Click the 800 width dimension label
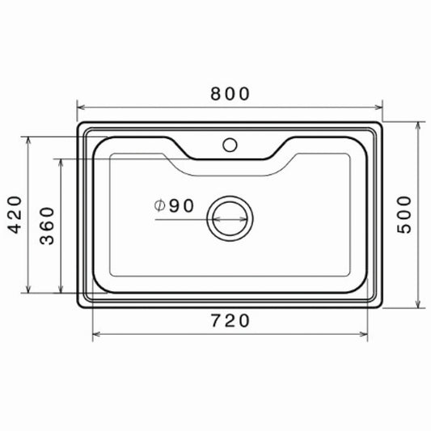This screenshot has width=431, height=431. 230,94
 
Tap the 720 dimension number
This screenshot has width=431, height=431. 230,321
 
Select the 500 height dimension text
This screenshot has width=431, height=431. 404,214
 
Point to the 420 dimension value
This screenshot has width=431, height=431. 15,214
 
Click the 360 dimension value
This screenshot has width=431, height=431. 47,226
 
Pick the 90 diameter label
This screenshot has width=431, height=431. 181,206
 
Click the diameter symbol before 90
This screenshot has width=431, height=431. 159,205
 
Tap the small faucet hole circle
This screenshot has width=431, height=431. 230,145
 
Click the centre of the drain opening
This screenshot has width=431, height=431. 230,218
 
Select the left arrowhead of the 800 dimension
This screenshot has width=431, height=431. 81,108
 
